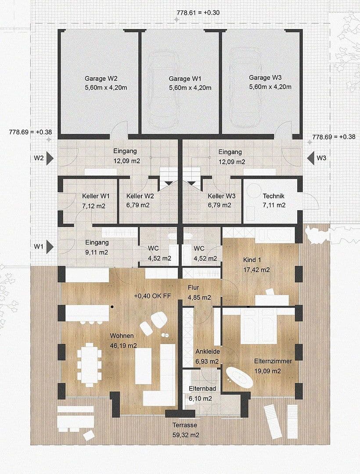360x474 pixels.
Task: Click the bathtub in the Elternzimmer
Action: click(239, 377)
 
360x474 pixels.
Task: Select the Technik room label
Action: click(274, 196)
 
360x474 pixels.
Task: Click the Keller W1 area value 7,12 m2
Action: click(93, 205)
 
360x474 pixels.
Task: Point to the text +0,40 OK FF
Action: click(152, 296)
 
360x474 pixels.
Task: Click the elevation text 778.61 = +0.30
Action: click(195, 12)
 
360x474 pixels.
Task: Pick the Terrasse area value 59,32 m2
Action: click(184, 435)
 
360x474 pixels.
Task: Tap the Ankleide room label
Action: click(207, 352)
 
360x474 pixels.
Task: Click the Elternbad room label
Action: click(201, 389)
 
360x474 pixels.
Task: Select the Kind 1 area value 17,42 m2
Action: click(256, 270)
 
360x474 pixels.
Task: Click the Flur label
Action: click(193, 287)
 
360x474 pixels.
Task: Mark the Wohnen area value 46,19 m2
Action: click(123, 345)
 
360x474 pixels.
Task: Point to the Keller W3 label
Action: click(222, 196)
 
